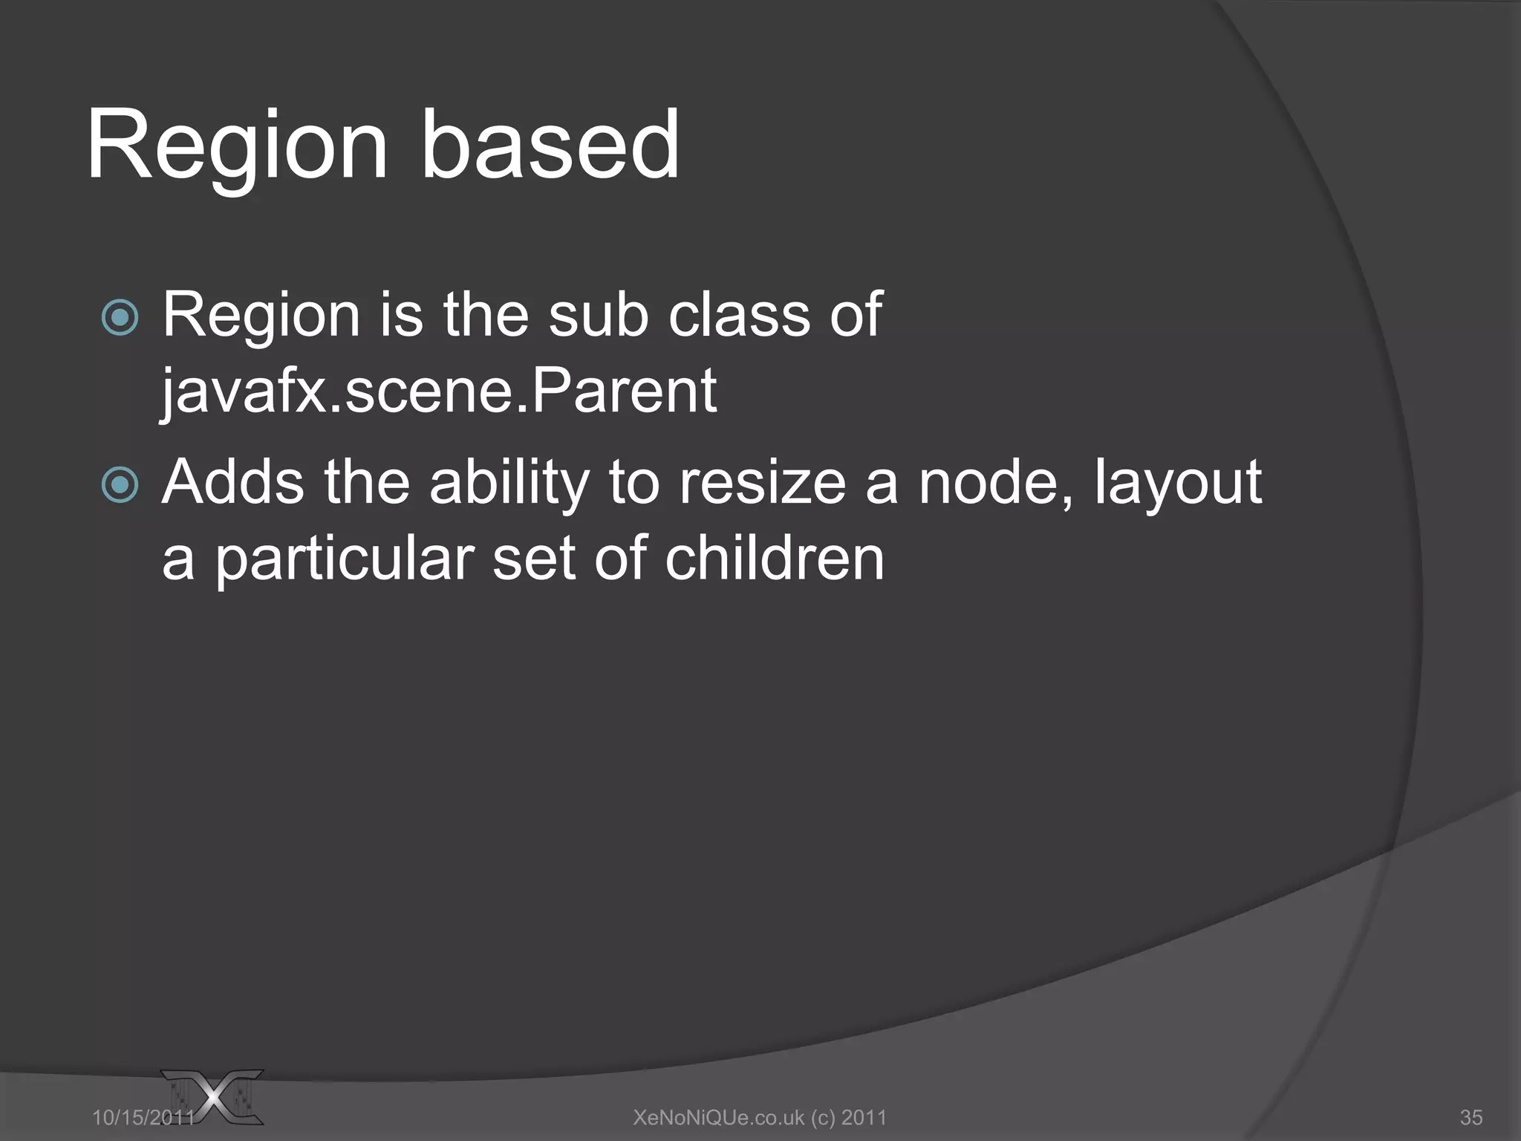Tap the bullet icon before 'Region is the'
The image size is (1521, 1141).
(x=120, y=318)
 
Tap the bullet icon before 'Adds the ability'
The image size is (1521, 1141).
(x=120, y=485)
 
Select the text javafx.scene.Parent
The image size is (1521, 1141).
(x=439, y=391)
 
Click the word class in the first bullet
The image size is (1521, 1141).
(x=738, y=316)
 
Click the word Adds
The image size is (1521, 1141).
(x=233, y=483)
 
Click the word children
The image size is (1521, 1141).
(x=775, y=559)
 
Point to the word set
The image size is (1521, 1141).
(x=533, y=559)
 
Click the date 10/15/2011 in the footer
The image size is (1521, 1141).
(x=143, y=1117)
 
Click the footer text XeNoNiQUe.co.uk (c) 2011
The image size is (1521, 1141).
(x=760, y=1117)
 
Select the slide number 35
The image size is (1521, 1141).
(x=1470, y=1117)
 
